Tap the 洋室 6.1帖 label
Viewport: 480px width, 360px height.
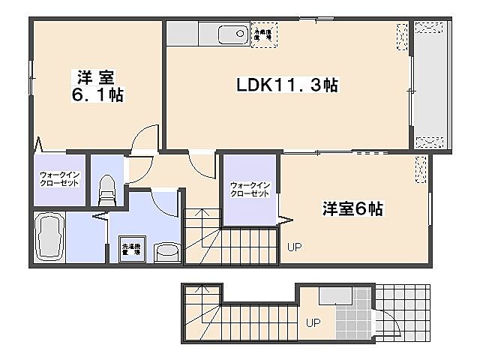(x=97, y=85)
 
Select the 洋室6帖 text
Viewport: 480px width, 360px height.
(x=352, y=209)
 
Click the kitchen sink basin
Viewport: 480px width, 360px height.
(x=232, y=34)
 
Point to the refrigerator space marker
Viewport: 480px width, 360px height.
(x=264, y=34)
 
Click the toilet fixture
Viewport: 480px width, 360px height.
(x=106, y=190)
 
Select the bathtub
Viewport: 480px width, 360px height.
(x=50, y=238)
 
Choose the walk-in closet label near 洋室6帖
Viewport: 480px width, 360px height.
(x=250, y=188)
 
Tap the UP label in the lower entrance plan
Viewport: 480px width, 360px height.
(x=313, y=323)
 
